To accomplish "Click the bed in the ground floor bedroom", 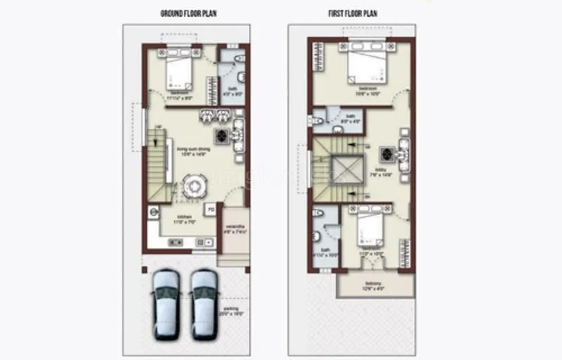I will [179, 72].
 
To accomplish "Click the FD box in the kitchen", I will [209, 210].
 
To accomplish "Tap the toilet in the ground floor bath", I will [240, 58].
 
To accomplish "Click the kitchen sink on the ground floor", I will [207, 243].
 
